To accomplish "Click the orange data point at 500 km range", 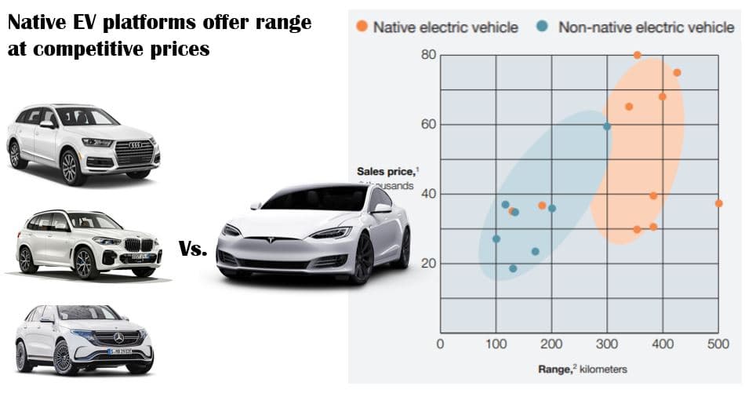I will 718,203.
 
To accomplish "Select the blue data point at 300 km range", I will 606,126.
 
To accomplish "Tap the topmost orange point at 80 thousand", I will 637,55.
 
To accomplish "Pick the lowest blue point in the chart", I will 513,268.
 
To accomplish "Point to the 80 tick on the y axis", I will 427,55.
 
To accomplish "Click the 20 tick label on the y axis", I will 427,263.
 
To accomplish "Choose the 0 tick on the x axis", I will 440,344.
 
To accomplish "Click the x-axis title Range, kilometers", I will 582,369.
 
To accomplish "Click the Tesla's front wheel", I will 362,258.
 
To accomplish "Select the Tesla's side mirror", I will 382,208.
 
